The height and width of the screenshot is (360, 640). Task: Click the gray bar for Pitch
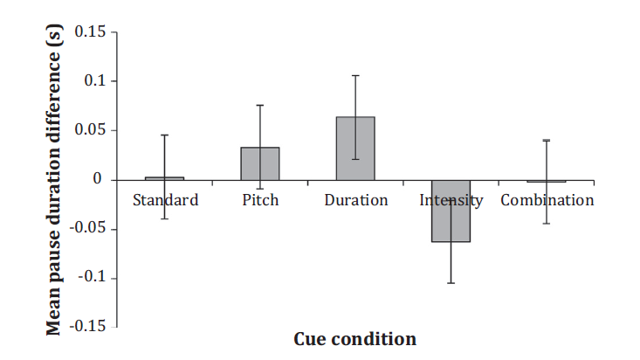(x=260, y=163)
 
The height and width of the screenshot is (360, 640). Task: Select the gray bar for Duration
(x=355, y=149)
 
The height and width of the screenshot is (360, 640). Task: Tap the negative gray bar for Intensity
(x=451, y=211)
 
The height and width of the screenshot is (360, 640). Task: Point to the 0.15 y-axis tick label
(x=90, y=31)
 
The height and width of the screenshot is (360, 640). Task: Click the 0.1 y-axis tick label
(x=95, y=81)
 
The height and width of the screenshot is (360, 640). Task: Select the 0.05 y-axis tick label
(x=90, y=130)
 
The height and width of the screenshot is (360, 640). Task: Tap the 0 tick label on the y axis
(x=97, y=178)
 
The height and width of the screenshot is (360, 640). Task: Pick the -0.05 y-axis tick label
(x=88, y=228)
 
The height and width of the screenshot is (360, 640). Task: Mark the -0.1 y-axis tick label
(x=93, y=277)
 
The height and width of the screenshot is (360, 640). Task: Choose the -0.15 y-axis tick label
(x=88, y=326)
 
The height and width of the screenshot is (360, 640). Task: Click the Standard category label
(x=165, y=200)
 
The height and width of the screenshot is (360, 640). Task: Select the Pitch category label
(x=260, y=200)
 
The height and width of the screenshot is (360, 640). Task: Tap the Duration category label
(x=356, y=200)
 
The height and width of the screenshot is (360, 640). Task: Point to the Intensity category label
(x=451, y=201)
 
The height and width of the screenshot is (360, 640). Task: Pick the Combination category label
(x=547, y=200)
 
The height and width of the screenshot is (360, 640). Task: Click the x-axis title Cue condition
(x=355, y=339)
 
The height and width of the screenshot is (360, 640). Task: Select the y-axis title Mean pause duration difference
(x=54, y=180)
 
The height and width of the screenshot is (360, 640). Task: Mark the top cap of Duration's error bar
(x=355, y=76)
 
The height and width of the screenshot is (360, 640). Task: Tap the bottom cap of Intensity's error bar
(x=451, y=283)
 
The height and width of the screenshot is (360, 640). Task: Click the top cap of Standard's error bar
(x=164, y=135)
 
